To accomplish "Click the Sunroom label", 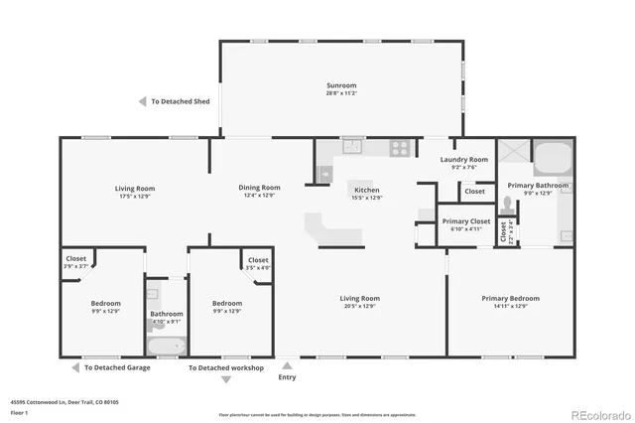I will tap(341, 86).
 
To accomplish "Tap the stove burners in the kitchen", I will tap(399, 148).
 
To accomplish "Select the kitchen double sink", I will tap(354, 147).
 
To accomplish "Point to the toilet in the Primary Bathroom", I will tap(508, 205).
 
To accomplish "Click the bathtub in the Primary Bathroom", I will tap(553, 158).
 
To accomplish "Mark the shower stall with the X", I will tap(513, 153).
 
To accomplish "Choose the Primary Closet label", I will tap(466, 221).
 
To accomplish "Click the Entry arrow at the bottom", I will tap(287, 365).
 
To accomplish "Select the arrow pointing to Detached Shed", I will tap(143, 101).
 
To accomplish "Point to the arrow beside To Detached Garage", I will tap(75, 367).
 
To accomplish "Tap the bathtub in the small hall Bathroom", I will tap(166, 348).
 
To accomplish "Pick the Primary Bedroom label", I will tap(510, 299).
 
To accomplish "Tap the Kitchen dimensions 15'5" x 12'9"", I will tap(366, 198).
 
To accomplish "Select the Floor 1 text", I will tap(18, 413).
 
